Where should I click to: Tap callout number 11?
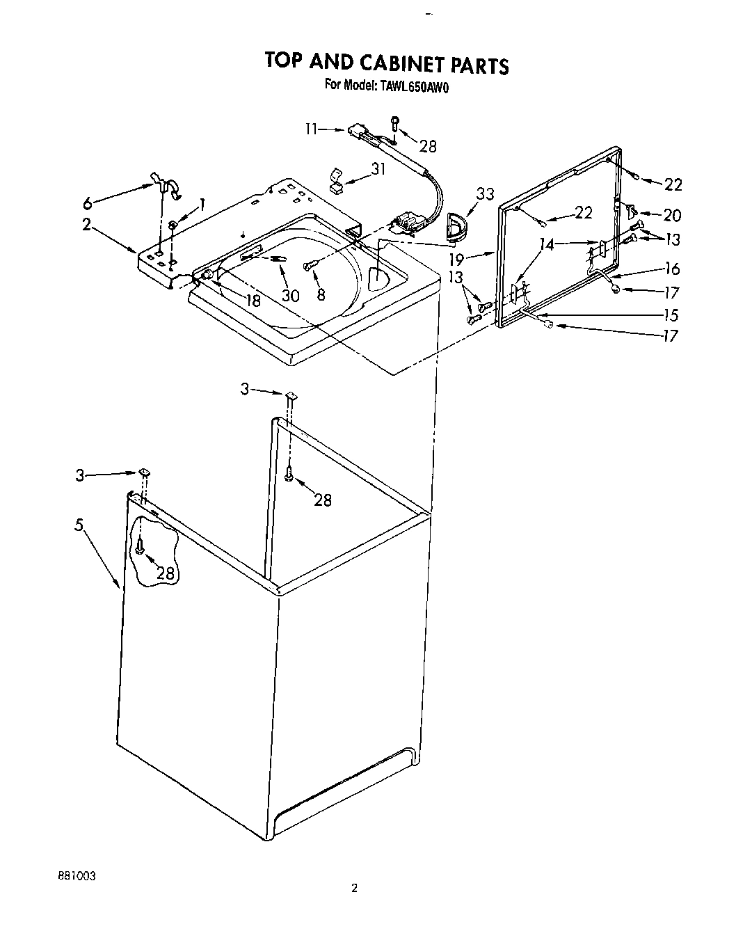point(311,129)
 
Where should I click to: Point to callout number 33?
point(485,194)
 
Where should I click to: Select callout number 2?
point(86,225)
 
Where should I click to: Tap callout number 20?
point(672,215)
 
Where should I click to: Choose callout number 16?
point(671,269)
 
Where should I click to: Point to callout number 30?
point(290,295)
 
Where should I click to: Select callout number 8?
point(320,294)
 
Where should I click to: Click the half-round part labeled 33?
point(458,226)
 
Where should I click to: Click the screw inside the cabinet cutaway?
point(140,548)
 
